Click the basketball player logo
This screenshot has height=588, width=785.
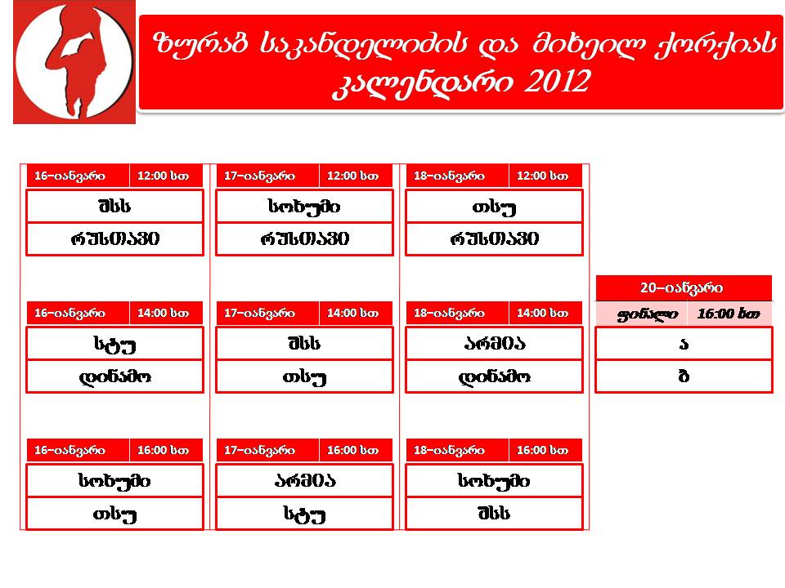tap(74, 61)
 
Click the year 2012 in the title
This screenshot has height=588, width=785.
tap(557, 81)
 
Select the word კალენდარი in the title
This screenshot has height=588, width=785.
tap(423, 82)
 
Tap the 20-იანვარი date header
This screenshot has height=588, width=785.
tap(681, 288)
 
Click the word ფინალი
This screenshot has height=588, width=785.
tap(648, 314)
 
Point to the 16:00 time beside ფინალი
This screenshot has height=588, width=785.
tap(729, 314)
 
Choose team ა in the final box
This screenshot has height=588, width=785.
tap(684, 344)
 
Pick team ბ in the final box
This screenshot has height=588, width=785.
tap(684, 376)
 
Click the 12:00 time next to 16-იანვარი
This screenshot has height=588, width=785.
tap(163, 176)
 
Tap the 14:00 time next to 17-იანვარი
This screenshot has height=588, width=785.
tap(352, 313)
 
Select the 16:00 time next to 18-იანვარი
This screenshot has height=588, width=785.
tap(542, 450)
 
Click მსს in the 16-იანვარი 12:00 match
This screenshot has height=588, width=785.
tap(114, 206)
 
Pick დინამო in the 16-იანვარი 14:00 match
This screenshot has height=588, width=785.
tap(114, 376)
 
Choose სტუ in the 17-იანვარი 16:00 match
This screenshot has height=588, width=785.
tap(304, 514)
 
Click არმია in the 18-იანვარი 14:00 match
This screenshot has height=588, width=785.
tap(494, 344)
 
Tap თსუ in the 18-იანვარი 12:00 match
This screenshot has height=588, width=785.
tap(494, 207)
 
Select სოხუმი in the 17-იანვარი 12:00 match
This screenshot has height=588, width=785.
tap(304, 207)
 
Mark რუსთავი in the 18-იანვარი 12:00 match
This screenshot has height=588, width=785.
tap(494, 238)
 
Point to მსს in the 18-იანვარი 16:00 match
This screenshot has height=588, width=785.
tap(494, 513)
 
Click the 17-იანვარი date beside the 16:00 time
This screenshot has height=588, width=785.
tap(259, 451)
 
